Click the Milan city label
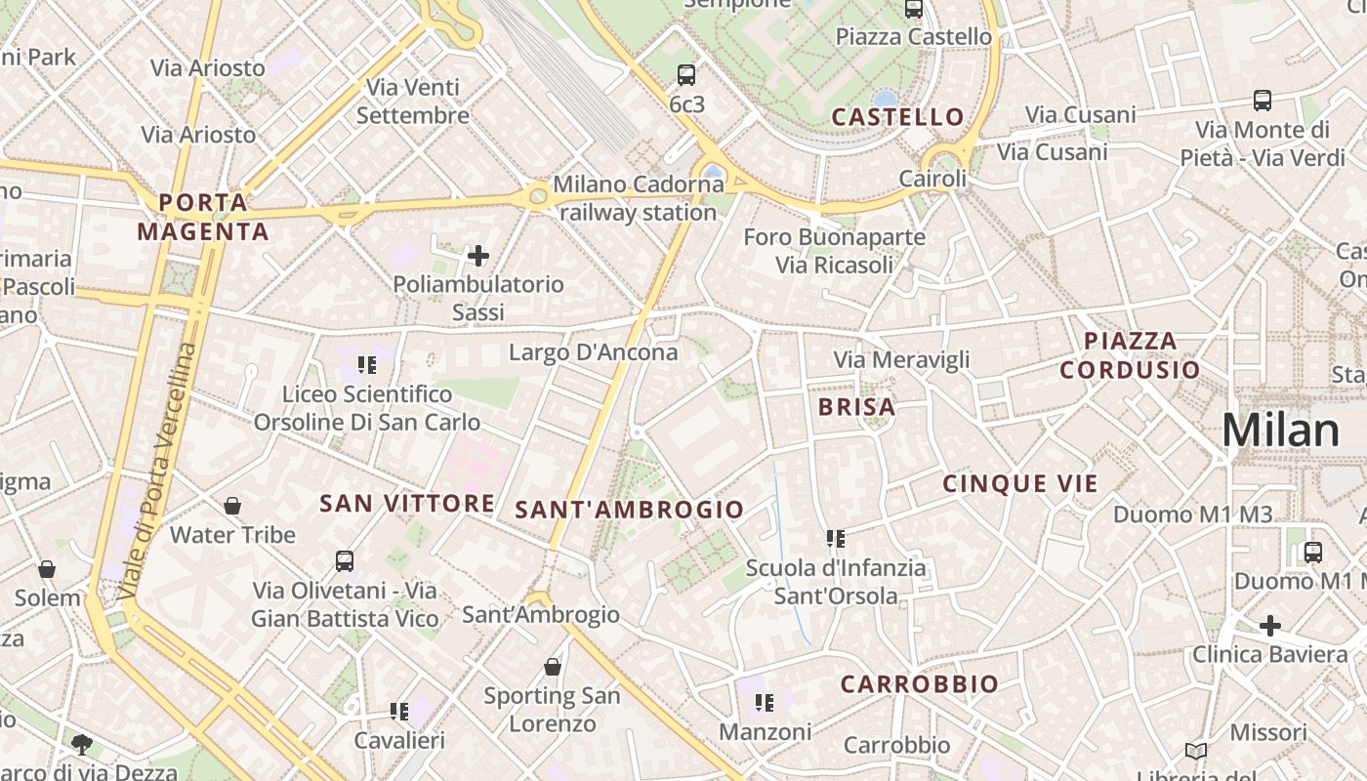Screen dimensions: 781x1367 click(1280, 431)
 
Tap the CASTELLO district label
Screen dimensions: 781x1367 click(897, 117)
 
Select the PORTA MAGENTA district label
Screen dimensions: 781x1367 click(203, 217)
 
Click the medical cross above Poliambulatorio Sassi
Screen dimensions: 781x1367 click(478, 256)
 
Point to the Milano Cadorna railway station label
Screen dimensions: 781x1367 click(639, 198)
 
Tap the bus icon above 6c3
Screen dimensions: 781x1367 click(686, 74)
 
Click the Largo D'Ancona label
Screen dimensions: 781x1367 click(593, 352)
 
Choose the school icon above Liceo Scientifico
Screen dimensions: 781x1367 click(367, 365)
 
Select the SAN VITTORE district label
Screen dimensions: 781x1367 click(407, 504)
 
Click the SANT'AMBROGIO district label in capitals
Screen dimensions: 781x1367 click(629, 510)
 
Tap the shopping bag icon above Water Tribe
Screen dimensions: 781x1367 click(232, 506)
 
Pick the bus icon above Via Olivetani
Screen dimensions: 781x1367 click(345, 561)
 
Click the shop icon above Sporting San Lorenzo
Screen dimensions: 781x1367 click(553, 667)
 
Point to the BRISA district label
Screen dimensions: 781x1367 click(856, 407)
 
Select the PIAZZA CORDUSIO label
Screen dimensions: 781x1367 click(1130, 355)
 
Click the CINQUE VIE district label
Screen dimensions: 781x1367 click(1019, 483)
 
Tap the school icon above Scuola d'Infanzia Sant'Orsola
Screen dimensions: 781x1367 click(835, 538)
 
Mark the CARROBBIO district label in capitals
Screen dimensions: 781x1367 click(919, 684)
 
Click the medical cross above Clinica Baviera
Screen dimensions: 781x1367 click(1269, 625)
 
